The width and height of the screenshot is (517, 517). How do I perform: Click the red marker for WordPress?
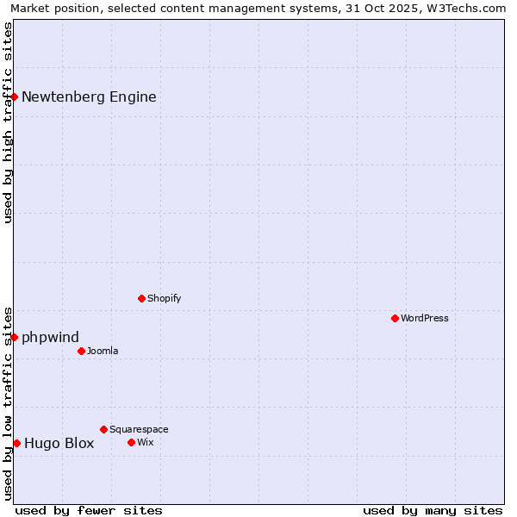(x=395, y=318)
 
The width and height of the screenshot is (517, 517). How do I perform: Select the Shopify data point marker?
(x=141, y=298)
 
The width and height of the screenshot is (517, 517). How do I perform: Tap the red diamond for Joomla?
(x=81, y=351)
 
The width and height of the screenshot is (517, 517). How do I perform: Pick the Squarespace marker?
(x=103, y=429)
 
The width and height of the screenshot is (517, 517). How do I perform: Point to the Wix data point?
(x=131, y=442)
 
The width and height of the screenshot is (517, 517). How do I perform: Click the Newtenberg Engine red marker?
(x=15, y=97)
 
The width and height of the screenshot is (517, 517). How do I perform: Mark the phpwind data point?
(x=15, y=337)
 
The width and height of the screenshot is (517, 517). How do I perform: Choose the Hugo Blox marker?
(x=16, y=443)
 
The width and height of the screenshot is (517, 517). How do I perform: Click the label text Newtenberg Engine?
(x=89, y=97)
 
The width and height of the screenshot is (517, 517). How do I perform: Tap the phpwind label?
(x=50, y=337)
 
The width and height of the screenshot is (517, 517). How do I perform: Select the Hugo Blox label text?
(x=59, y=444)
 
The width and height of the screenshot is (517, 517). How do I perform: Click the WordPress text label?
(x=425, y=318)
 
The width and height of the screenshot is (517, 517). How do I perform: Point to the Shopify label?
(x=164, y=298)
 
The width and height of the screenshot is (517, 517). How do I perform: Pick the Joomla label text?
(x=103, y=351)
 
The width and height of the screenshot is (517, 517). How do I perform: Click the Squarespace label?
(x=139, y=429)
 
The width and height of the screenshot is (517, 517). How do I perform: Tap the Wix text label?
(x=145, y=442)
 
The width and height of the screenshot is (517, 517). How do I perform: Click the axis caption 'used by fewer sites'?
(x=89, y=510)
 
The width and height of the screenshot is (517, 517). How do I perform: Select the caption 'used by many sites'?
(x=433, y=510)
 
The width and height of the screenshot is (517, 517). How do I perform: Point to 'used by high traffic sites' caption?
(x=9, y=122)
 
